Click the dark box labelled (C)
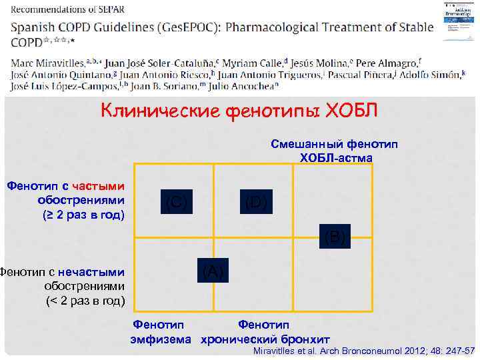(177, 201)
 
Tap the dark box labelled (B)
(334, 237)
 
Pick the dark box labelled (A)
(212, 271)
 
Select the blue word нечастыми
(91, 272)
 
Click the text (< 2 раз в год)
(85, 301)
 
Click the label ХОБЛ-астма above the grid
(336, 157)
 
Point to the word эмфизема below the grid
(163, 339)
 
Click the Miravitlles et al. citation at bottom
(364, 351)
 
